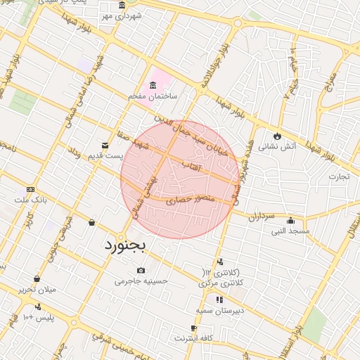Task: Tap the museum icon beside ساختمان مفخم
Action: tap(153, 84)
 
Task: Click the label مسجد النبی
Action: tap(290, 231)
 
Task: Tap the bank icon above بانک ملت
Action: tap(30, 189)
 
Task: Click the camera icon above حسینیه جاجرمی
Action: tap(141, 271)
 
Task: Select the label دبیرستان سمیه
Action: tap(220, 309)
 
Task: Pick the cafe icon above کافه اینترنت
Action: tap(193, 328)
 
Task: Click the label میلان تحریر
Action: tap(37, 289)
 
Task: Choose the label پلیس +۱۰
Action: tap(39, 317)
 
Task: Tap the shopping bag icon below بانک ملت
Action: tap(91, 223)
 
